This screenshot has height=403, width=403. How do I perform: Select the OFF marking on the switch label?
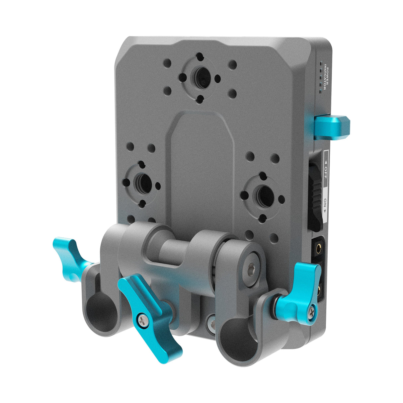325,169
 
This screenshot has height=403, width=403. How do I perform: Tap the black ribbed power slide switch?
315,194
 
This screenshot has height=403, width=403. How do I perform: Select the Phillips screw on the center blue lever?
143,320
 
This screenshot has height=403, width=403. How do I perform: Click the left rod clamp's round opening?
102,312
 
